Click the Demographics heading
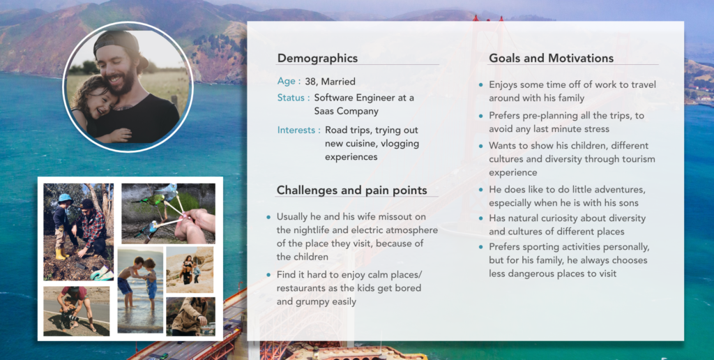click(317, 59)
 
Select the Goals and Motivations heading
click(551, 59)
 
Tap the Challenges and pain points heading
click(351, 190)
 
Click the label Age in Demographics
click(286, 82)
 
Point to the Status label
click(291, 98)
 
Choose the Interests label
click(296, 130)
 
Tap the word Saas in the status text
click(324, 111)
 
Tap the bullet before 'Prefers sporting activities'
click(481, 248)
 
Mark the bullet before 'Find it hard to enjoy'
click(268, 275)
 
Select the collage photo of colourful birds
click(169, 213)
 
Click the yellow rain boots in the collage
click(61, 254)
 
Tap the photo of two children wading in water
click(140, 290)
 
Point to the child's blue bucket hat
click(66, 199)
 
